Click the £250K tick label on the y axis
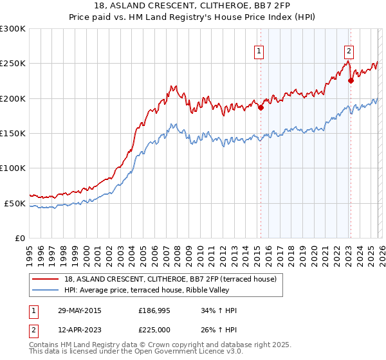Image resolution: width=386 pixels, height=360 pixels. tap(13, 64)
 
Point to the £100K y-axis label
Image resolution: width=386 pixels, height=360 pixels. tap(13, 168)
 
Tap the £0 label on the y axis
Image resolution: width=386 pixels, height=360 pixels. tap(21, 238)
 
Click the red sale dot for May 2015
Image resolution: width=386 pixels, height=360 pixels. tap(261, 108)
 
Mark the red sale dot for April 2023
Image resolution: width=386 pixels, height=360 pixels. tap(351, 81)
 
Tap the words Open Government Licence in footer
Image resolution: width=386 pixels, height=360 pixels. tap(174, 352)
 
